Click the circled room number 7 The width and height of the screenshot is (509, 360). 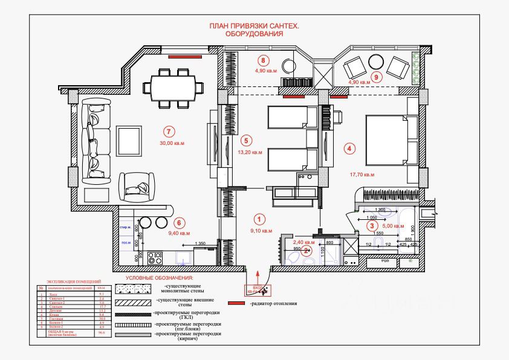169,131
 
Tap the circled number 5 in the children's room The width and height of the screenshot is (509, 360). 245,140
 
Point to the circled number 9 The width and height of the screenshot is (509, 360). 376,77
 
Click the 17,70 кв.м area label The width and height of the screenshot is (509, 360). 362,175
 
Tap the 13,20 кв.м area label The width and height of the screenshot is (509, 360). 250,152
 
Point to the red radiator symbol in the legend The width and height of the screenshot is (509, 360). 237,303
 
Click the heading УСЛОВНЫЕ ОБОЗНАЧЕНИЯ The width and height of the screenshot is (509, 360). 158,278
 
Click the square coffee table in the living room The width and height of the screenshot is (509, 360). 130,141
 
